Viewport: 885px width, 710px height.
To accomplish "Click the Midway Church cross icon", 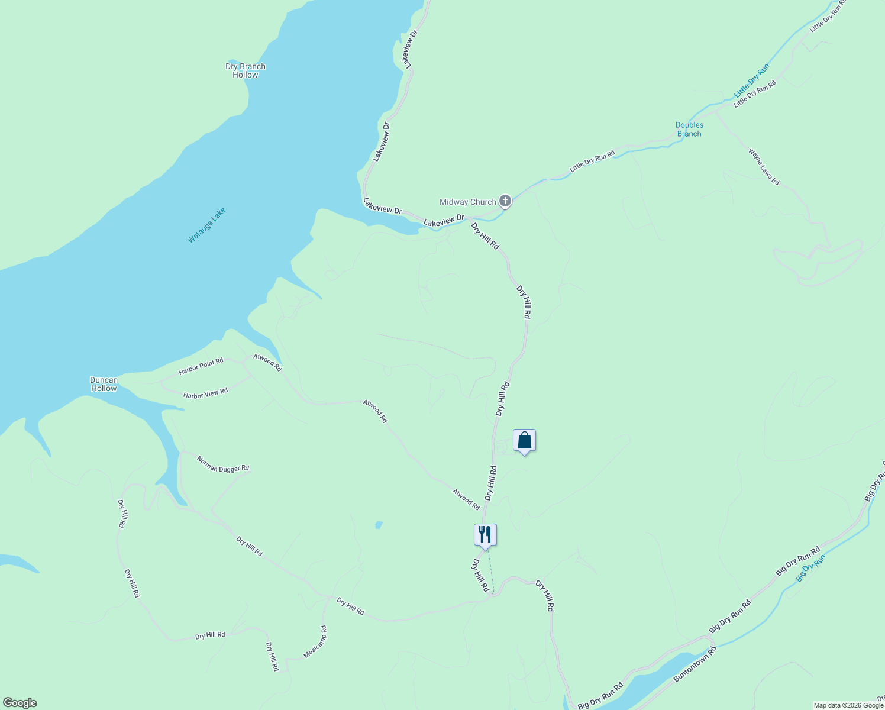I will tap(505, 201).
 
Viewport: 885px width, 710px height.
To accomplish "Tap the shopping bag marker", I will tap(524, 441).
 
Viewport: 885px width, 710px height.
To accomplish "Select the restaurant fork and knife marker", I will tap(485, 535).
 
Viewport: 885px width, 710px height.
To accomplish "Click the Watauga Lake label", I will tap(206, 225).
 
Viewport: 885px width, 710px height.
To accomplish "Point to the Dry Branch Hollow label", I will tap(246, 70).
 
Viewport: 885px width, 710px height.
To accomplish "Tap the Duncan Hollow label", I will tap(104, 384).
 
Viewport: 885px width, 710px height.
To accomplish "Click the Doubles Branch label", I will tap(689, 129).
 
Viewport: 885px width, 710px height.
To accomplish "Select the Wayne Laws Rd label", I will tap(764, 167).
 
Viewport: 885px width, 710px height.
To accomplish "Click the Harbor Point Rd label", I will tap(201, 366).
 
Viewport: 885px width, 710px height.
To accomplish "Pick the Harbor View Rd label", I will tap(205, 394).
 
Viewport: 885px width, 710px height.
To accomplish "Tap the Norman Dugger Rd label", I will tap(223, 464).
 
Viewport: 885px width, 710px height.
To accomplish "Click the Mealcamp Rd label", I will tap(315, 642).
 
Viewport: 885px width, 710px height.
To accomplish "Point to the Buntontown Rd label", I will tap(695, 665).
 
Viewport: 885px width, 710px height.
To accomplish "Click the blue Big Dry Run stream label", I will tap(810, 568).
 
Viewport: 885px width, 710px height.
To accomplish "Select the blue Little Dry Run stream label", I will tap(751, 81).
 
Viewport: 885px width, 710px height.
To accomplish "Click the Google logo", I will tap(20, 703).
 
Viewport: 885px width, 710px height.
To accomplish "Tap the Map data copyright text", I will tap(848, 705).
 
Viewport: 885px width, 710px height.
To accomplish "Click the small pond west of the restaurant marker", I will tap(379, 525).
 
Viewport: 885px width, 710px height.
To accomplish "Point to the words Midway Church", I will tap(467, 202).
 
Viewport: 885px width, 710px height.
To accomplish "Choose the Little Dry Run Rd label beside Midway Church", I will tap(592, 162).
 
